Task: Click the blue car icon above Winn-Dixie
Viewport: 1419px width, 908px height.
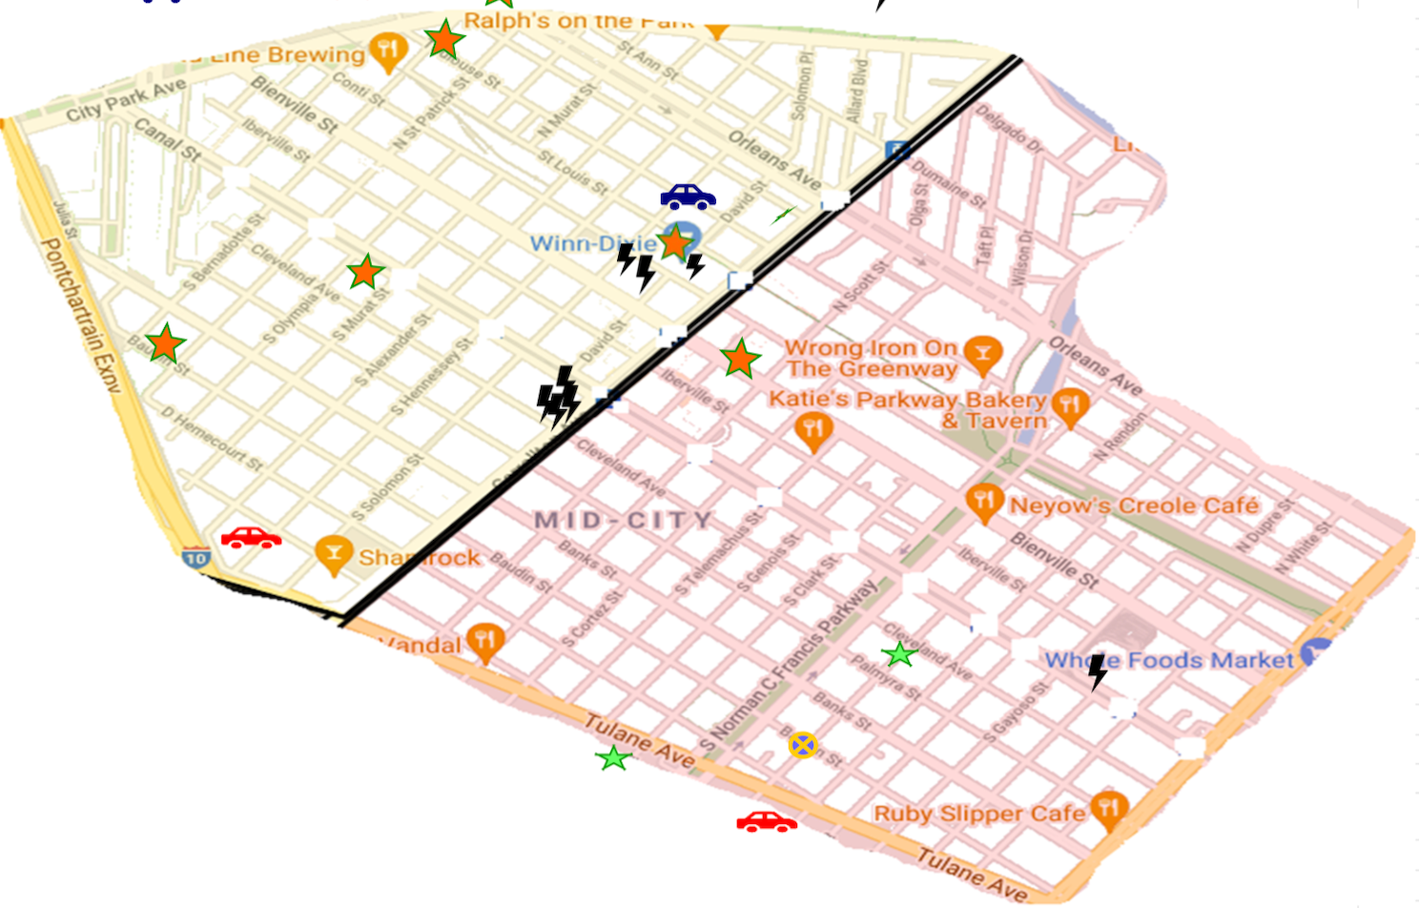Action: (x=688, y=196)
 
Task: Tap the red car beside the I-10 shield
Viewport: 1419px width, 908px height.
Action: (x=251, y=538)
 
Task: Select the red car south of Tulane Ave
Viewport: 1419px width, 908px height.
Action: (x=767, y=822)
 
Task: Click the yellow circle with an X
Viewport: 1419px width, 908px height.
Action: (x=803, y=745)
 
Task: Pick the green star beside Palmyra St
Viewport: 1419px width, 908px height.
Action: (x=898, y=654)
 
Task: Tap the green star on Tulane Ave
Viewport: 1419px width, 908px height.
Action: (x=613, y=759)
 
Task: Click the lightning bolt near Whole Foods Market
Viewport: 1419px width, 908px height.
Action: (x=1098, y=671)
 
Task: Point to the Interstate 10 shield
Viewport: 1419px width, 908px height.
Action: (x=195, y=557)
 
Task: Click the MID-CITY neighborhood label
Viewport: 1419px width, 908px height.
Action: (x=623, y=520)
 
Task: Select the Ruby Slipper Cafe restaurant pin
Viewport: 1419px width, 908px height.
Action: (x=1107, y=809)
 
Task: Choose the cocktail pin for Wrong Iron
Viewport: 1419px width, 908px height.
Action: (x=982, y=354)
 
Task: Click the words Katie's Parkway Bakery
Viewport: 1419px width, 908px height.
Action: (x=906, y=400)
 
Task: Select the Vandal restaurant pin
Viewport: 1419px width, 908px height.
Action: (x=484, y=641)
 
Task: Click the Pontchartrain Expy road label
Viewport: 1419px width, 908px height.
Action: (x=81, y=315)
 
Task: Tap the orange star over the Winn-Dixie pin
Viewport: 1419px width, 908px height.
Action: (x=674, y=242)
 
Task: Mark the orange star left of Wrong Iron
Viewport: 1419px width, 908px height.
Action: (x=740, y=359)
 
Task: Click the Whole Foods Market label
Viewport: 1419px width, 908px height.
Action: (x=1168, y=660)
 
